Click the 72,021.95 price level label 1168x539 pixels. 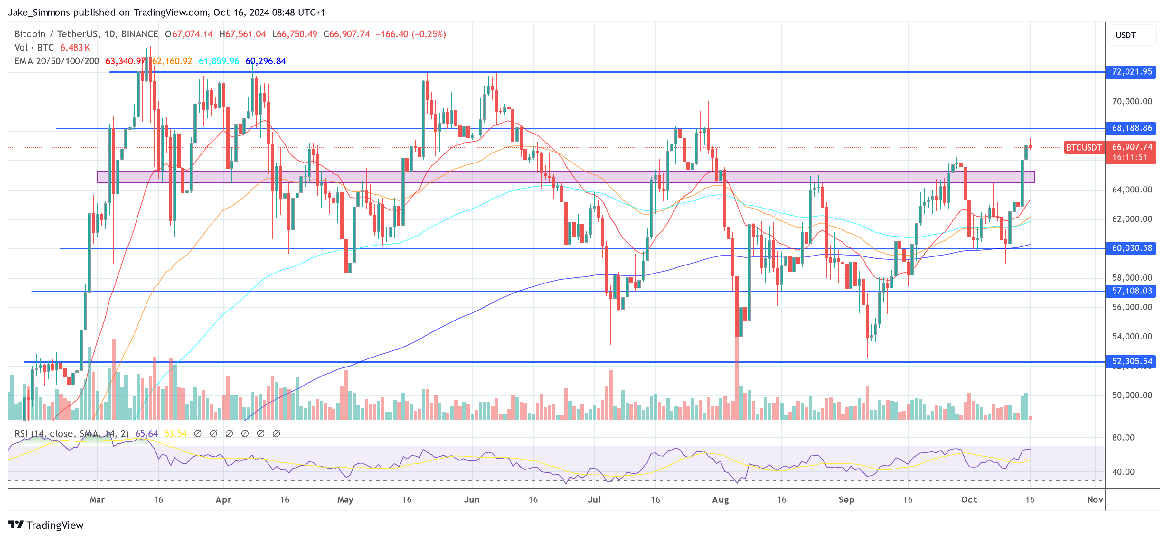(x=1131, y=72)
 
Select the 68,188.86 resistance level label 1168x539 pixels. (x=1131, y=128)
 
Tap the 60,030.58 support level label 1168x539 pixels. (x=1131, y=248)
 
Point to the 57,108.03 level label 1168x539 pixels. (x=1131, y=291)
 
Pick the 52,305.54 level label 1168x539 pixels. (x=1131, y=361)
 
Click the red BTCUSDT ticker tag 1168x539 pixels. (x=1084, y=147)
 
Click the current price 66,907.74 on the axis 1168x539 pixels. (x=1132, y=147)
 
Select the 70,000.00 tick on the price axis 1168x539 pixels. (x=1132, y=101)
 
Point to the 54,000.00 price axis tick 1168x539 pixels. (x=1132, y=336)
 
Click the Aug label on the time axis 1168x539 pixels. (x=720, y=499)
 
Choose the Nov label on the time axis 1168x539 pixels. (x=1095, y=499)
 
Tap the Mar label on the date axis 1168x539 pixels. (x=97, y=499)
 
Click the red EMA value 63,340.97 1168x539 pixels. (x=125, y=61)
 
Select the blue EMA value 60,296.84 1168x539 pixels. (x=265, y=61)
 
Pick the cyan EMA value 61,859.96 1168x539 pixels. (x=219, y=61)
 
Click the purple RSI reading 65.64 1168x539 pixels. (x=146, y=434)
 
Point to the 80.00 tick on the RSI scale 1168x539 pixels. (x=1123, y=437)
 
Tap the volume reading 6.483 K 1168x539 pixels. (x=75, y=48)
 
